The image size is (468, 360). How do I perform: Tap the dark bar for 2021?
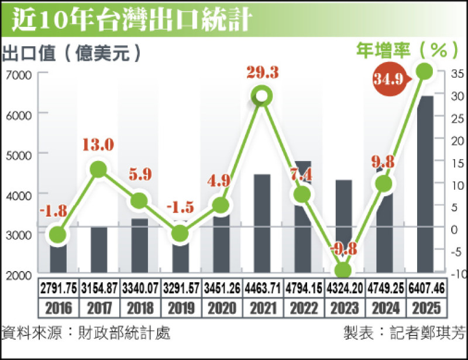point(262,222)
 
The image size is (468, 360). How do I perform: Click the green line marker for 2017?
point(98,170)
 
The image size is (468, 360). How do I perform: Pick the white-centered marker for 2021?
point(262,97)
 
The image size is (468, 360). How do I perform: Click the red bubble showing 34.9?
point(390,79)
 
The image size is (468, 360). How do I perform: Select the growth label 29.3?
point(262,73)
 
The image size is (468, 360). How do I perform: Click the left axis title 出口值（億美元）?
point(73,53)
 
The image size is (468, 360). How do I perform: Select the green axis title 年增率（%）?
point(409,50)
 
